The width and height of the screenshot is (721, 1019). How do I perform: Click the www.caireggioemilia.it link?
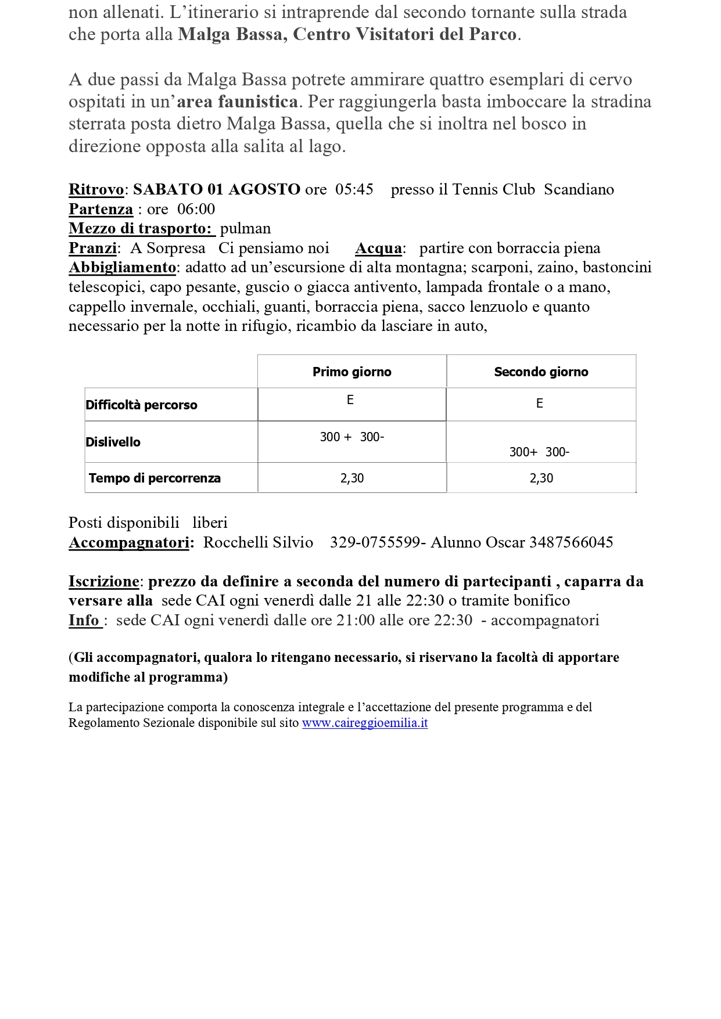(365, 723)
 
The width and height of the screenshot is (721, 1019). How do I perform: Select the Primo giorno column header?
(351, 372)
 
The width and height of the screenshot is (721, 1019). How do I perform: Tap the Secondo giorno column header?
(541, 372)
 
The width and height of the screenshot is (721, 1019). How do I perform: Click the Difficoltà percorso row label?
(141, 405)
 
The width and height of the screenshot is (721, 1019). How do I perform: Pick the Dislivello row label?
(113, 442)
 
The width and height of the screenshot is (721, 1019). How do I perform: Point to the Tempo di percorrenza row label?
(155, 478)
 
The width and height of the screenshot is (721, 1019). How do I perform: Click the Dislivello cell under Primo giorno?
(351, 437)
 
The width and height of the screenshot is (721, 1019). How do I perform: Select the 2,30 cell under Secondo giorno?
(541, 478)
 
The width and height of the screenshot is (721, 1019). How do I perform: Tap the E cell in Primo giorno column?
(350, 400)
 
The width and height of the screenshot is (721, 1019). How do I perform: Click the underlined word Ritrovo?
(96, 189)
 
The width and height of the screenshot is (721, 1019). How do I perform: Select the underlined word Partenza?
(101, 209)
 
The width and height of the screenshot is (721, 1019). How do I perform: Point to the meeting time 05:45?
(354, 189)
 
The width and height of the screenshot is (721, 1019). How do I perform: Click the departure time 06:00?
(196, 209)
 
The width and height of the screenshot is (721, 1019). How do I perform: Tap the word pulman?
(245, 228)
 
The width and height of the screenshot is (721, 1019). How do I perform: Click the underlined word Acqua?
(378, 248)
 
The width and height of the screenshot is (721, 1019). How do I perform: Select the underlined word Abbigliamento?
(122, 267)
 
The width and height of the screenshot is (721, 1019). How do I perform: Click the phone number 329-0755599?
(375, 542)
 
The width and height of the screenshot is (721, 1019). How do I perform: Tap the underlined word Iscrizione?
(103, 581)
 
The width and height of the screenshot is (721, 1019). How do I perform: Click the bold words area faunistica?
(237, 102)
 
